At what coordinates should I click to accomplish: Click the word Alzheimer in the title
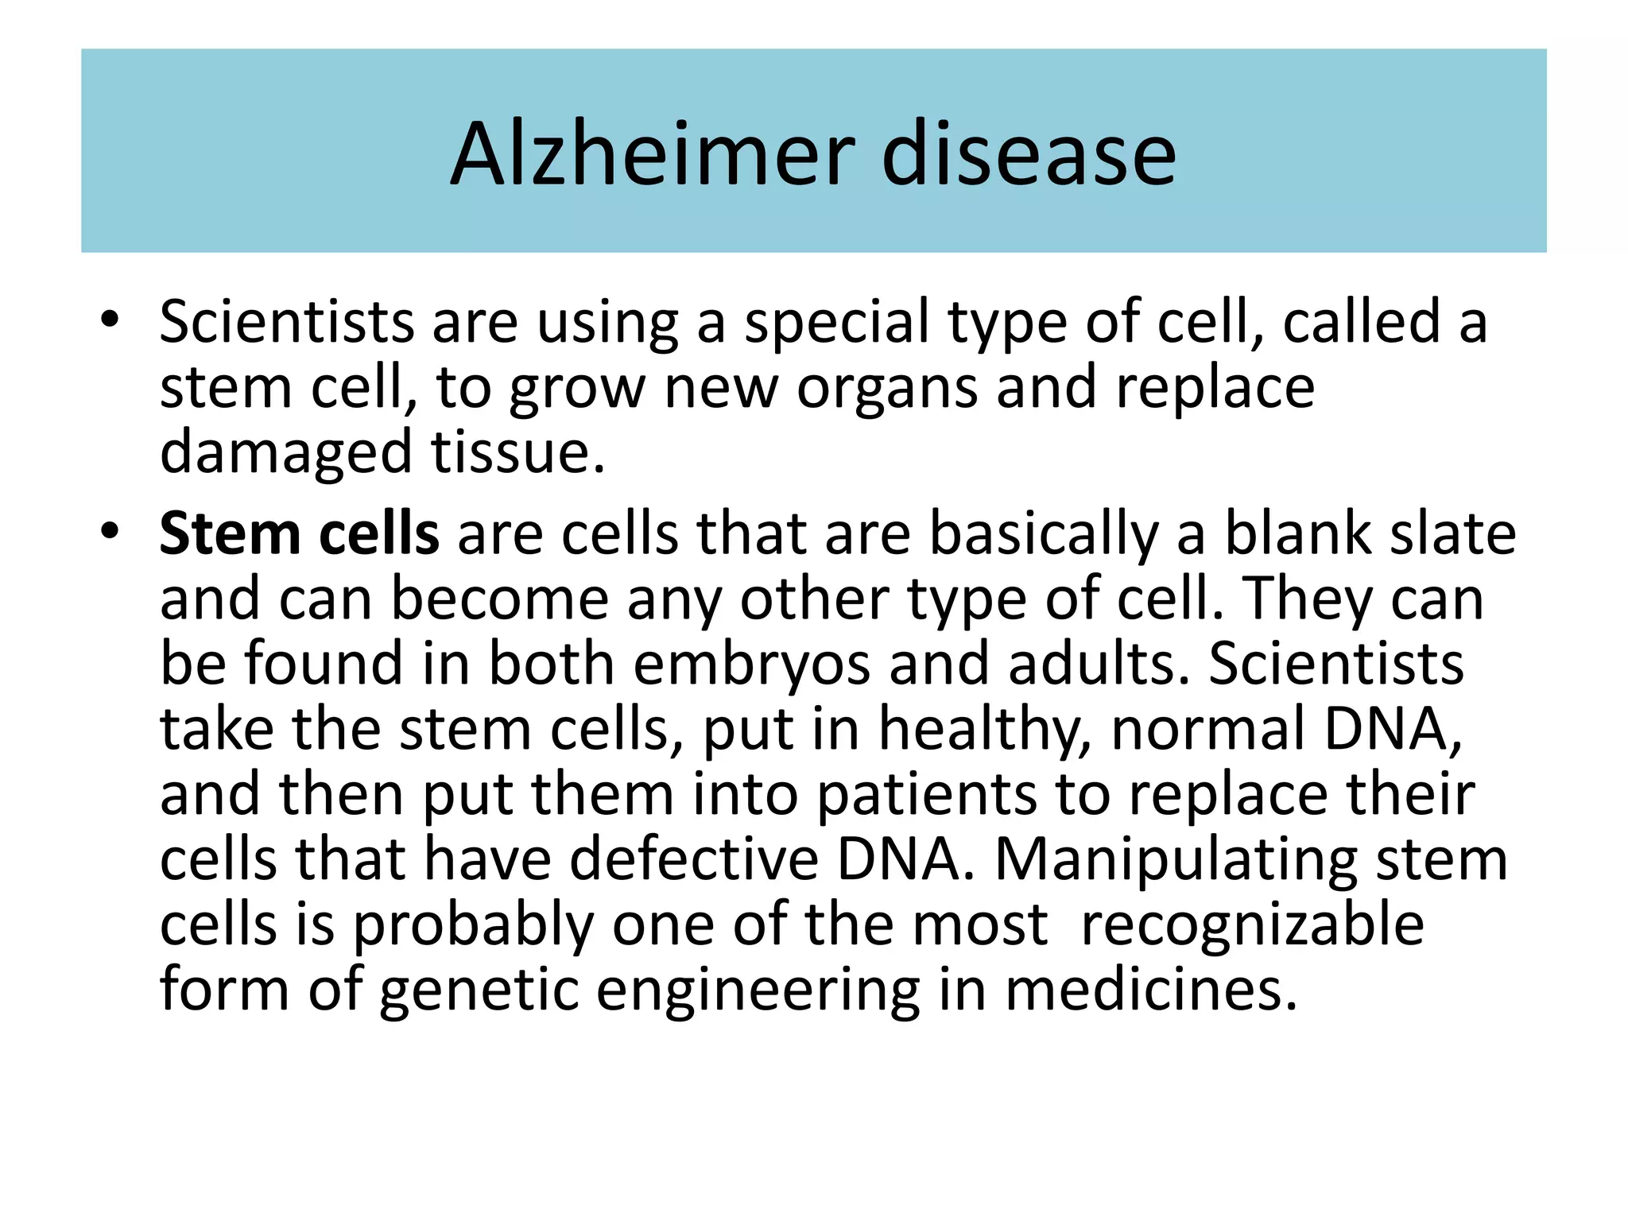click(653, 154)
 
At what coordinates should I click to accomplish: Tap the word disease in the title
click(1029, 154)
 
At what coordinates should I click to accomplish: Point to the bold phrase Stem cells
click(299, 533)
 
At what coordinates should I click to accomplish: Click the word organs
click(887, 388)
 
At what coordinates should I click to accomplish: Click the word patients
click(927, 796)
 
